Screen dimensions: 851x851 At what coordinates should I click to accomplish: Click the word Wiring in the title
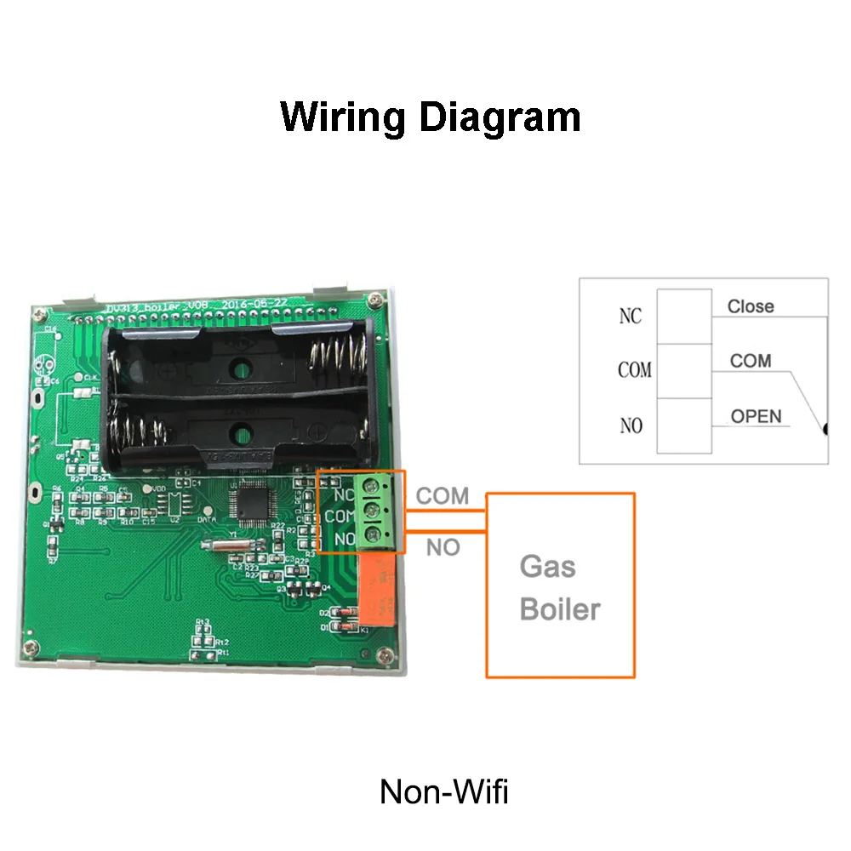pos(343,117)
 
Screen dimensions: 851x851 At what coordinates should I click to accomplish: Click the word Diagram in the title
pos(501,117)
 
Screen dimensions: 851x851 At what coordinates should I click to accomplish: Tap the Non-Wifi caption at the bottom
pos(443,791)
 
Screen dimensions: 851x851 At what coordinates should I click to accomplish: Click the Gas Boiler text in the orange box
pos(559,588)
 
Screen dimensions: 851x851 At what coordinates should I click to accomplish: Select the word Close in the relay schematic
pos(751,306)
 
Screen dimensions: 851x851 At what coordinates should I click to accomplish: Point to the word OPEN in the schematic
pos(756,416)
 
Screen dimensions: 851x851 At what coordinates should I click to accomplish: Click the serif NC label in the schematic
pos(630,317)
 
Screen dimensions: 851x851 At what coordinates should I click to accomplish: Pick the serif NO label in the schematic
pos(631,425)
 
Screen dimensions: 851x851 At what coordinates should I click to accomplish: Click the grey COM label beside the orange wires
pos(443,496)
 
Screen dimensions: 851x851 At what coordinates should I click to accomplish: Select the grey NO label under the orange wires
pos(443,548)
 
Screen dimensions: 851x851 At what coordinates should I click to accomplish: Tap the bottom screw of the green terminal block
pos(371,535)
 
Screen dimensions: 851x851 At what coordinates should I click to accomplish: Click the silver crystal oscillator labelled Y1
pos(217,547)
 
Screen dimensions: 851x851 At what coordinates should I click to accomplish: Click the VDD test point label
pos(159,489)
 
